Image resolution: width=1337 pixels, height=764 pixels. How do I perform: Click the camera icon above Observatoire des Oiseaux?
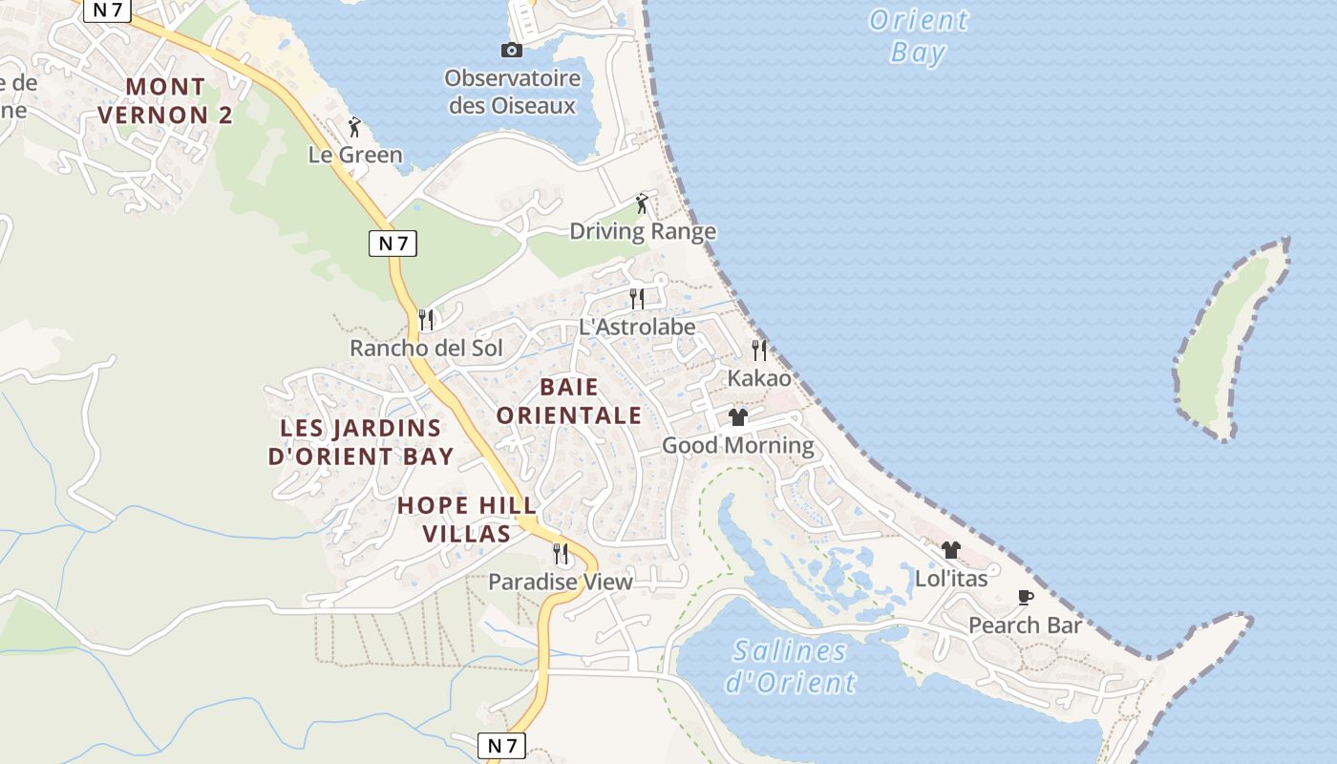(512, 51)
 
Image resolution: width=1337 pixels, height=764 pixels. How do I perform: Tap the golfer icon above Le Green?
(354, 126)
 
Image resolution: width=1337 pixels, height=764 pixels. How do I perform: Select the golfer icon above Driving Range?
(642, 203)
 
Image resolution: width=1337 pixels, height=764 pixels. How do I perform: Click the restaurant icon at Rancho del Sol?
(426, 319)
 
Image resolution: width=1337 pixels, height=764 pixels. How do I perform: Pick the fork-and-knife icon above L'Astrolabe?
(637, 299)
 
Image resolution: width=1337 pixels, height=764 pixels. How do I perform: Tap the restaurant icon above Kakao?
(759, 350)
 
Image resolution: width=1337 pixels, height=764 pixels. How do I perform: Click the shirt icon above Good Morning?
(738, 417)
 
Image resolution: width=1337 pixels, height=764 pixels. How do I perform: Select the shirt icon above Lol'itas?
(951, 550)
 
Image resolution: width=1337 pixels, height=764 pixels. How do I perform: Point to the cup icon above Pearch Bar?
(1026, 598)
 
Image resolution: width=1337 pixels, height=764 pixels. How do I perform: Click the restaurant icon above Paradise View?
(561, 554)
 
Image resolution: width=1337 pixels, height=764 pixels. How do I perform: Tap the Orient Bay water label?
(919, 35)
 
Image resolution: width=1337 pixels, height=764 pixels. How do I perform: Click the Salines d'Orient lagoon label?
(791, 667)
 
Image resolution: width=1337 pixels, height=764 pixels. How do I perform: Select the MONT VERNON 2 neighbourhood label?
(166, 101)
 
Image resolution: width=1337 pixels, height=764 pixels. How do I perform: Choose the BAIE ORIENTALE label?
(569, 401)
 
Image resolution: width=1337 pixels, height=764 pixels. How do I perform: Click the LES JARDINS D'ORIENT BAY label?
(361, 442)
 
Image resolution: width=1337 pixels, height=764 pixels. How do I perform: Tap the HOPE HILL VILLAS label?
(467, 519)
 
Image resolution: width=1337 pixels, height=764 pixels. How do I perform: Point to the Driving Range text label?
(643, 231)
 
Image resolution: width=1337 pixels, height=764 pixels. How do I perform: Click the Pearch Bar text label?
(1025, 626)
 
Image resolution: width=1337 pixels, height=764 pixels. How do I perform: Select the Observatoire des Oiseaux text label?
(513, 92)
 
